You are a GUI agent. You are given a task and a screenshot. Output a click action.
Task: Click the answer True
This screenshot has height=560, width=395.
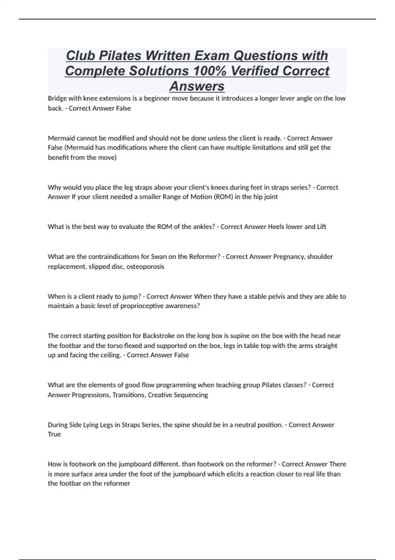(54, 434)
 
